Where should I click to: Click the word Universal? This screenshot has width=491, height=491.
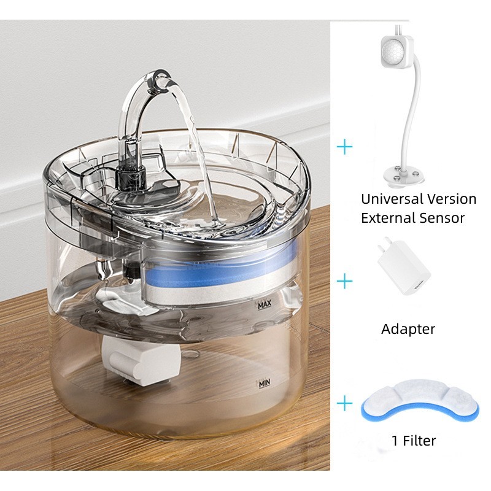pyautogui.click(x=391, y=199)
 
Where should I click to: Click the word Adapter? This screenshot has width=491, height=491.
pyautogui.click(x=408, y=329)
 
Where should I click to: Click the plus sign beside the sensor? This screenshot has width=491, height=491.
pyautogui.click(x=346, y=147)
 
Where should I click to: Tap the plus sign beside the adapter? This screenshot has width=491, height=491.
pyautogui.click(x=346, y=282)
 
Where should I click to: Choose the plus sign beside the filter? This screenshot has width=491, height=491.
pyautogui.click(x=346, y=403)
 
